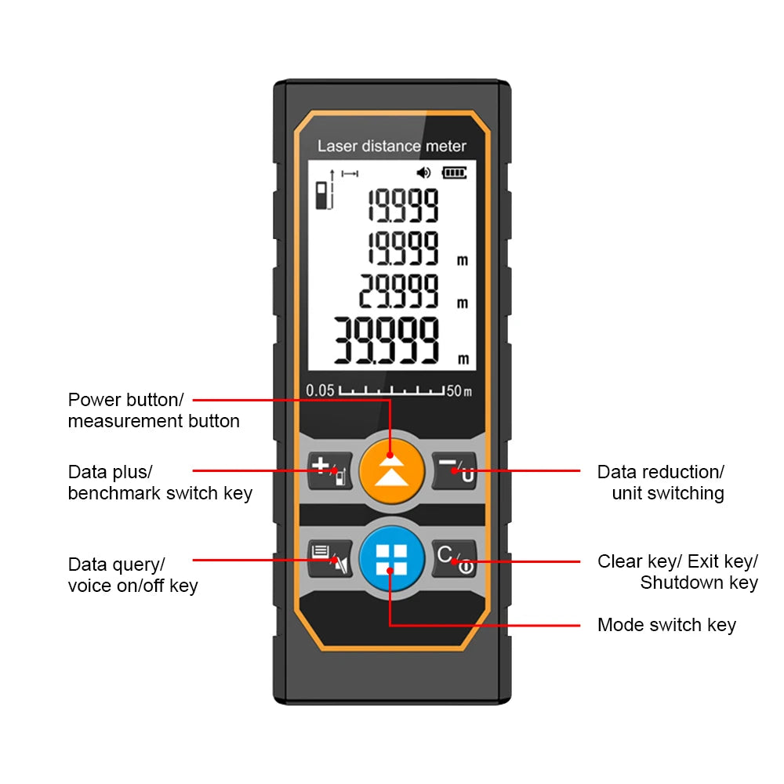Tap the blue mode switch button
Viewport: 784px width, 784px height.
coord(390,558)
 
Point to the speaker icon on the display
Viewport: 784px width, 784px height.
coord(424,172)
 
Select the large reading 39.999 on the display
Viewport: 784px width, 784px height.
coord(387,342)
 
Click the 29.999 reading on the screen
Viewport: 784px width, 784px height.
coord(399,291)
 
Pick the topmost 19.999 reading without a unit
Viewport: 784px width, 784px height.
coord(403,205)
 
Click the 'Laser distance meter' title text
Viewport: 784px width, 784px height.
coord(391,146)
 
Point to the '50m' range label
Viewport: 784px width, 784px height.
coord(459,390)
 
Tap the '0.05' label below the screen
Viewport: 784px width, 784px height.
coord(320,390)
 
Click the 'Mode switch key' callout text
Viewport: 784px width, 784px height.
coord(666,625)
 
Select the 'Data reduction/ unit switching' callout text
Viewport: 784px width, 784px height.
coord(662,482)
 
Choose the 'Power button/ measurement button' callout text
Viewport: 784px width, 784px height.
coord(154,410)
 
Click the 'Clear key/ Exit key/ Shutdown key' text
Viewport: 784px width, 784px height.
coord(678,572)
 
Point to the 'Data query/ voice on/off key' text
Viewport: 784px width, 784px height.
coord(132,575)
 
